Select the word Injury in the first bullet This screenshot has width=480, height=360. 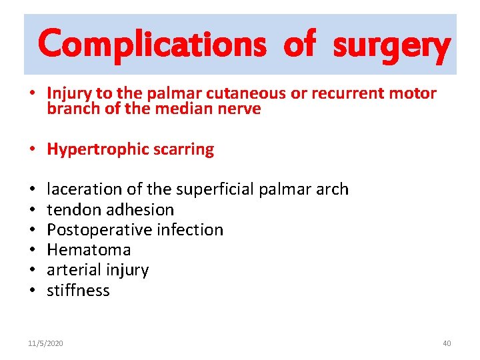[67, 93]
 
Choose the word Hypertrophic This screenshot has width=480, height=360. [95, 149]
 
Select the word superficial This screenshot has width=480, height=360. [213, 189]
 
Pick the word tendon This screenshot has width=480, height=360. [69, 209]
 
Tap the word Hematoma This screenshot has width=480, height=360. [89, 250]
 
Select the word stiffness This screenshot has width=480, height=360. [78, 291]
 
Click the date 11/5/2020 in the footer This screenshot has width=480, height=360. [45, 343]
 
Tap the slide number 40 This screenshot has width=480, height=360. [447, 343]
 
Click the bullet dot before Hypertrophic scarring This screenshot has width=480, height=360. [33, 150]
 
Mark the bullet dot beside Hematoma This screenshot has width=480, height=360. [33, 251]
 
